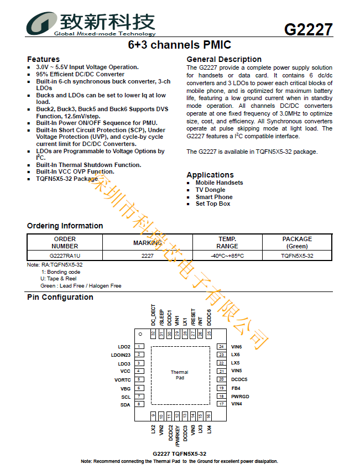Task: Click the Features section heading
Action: pyautogui.click(x=43, y=59)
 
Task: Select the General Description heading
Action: pyautogui.click(x=224, y=59)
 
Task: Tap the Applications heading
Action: pyautogui.click(x=210, y=175)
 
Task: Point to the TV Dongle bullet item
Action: pyautogui.click(x=210, y=190)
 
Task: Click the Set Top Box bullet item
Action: pyautogui.click(x=212, y=204)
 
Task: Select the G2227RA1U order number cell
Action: pyautogui.click(x=65, y=256)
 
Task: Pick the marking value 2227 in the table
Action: pyautogui.click(x=147, y=256)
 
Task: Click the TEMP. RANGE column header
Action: pyautogui.click(x=227, y=243)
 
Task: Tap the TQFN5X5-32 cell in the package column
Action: pyautogui.click(x=297, y=256)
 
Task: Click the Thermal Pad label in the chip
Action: pyautogui.click(x=180, y=375)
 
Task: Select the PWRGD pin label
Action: pyautogui.click(x=241, y=397)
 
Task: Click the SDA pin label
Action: pyautogui.click(x=126, y=405)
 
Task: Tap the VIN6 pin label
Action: pyautogui.click(x=237, y=347)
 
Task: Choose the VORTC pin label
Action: pyautogui.click(x=122, y=380)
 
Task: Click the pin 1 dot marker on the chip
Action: pyautogui.click(x=141, y=334)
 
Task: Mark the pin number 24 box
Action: pyautogui.click(x=221, y=347)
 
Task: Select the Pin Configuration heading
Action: pyautogui.click(x=60, y=297)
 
